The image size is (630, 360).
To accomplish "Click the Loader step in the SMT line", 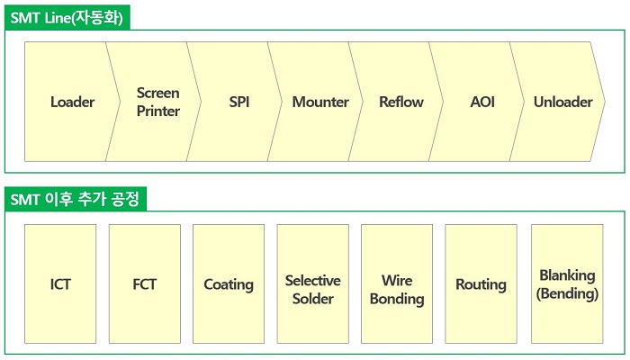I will tap(72, 102).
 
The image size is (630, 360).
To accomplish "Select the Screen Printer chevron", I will tap(158, 102).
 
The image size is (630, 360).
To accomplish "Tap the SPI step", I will tap(239, 102).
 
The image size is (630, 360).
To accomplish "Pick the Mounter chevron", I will tap(320, 102).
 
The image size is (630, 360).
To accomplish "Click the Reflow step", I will tap(400, 102).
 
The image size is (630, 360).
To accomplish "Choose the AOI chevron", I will tap(482, 102).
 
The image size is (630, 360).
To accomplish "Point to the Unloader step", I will tap(562, 102).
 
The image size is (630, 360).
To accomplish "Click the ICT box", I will tap(60, 284).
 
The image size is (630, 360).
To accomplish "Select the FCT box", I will tap(144, 284).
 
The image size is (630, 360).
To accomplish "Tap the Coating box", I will tap(229, 284).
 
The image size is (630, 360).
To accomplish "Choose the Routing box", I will tap(481, 284).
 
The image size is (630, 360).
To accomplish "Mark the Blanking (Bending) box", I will tap(567, 284).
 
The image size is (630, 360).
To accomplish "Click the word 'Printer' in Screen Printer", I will tap(158, 112).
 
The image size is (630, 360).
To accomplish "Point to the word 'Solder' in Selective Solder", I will tap(312, 299).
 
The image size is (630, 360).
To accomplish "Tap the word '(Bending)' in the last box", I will tap(567, 293).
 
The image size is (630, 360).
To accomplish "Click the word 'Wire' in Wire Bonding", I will tap(397, 281).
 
